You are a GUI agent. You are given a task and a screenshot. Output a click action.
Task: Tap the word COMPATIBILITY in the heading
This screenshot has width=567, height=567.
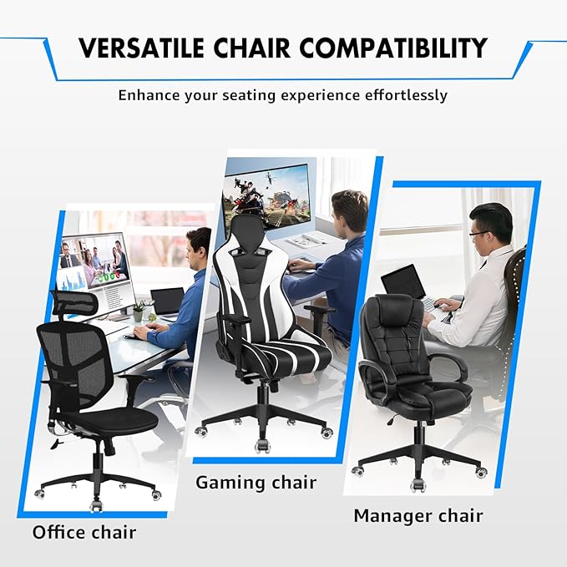393,48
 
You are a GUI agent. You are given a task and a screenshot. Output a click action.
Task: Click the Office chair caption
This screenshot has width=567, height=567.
84,531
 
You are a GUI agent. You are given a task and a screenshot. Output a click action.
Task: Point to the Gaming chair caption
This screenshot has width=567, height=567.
256,483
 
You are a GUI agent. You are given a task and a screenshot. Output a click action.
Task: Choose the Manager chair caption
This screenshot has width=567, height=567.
418,515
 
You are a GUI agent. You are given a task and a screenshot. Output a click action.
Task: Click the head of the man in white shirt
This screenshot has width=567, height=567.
489,225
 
